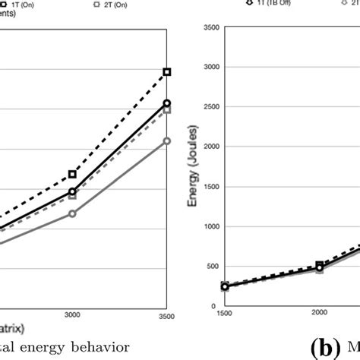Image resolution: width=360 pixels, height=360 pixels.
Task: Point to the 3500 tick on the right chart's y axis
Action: pyautogui.click(x=212, y=28)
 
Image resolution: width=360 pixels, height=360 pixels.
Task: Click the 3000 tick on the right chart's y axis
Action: pyautogui.click(x=212, y=68)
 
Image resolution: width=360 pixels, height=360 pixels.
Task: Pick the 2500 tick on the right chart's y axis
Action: pyautogui.click(x=212, y=107)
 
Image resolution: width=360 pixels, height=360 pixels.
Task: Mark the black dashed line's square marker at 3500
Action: pyautogui.click(x=167, y=71)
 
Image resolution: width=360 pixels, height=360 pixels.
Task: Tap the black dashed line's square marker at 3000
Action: pyautogui.click(x=73, y=174)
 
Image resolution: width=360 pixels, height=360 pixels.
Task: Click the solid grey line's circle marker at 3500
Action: pyautogui.click(x=167, y=141)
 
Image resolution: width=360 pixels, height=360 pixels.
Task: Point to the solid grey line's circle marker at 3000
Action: pyautogui.click(x=73, y=213)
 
